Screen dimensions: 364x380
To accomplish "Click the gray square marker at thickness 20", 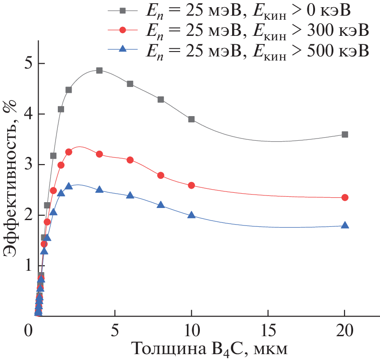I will click(x=345, y=134).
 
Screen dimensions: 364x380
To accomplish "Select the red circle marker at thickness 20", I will click(x=345, y=197).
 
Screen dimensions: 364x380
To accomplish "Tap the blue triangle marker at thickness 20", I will click(x=345, y=225).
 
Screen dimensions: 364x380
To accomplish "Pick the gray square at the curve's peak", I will click(x=99, y=70).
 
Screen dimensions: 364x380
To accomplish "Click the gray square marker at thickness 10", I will click(x=191, y=119).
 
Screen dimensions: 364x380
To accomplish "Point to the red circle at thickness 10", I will click(x=191, y=185).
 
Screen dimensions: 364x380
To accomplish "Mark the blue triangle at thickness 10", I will click(x=191, y=215).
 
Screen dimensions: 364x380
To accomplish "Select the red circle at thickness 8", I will click(x=161, y=175).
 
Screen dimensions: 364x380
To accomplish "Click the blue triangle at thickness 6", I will click(x=130, y=195).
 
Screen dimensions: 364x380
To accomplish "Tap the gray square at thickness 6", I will click(x=130, y=84).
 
